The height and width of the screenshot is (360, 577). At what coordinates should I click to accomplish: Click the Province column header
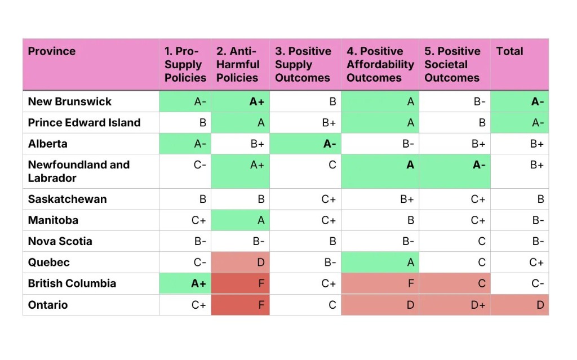[x=52, y=51]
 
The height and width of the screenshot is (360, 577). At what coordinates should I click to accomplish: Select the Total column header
[x=509, y=51]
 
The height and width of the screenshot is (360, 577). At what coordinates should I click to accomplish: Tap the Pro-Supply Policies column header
[x=185, y=64]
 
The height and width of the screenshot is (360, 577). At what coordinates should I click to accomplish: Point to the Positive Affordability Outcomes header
[x=380, y=64]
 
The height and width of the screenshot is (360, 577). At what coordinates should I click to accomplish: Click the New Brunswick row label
[x=70, y=101]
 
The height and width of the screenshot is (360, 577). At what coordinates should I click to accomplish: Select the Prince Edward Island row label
[x=84, y=122]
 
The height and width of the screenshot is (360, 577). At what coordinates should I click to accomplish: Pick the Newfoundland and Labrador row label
[x=79, y=171]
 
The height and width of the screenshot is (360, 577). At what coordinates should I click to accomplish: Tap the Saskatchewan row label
[x=67, y=199]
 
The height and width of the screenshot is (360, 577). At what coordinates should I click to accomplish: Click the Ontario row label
[x=48, y=305]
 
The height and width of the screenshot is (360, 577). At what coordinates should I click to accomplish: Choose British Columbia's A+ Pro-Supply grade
[x=198, y=283]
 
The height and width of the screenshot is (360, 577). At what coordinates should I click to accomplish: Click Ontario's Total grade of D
[x=540, y=305]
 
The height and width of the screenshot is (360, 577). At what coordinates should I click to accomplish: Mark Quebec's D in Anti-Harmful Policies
[x=260, y=263]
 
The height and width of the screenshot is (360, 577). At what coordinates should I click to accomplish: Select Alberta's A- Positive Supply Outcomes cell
[x=329, y=144]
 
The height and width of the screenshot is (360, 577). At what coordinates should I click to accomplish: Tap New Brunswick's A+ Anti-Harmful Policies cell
[x=257, y=101]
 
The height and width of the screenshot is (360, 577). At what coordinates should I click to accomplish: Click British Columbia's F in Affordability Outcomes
[x=411, y=283]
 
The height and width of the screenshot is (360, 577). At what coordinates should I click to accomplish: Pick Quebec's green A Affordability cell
[x=410, y=263]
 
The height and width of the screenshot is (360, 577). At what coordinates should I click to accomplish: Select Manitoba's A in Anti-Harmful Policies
[x=260, y=220]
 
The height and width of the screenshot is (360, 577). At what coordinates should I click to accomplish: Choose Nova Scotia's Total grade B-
[x=538, y=241]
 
